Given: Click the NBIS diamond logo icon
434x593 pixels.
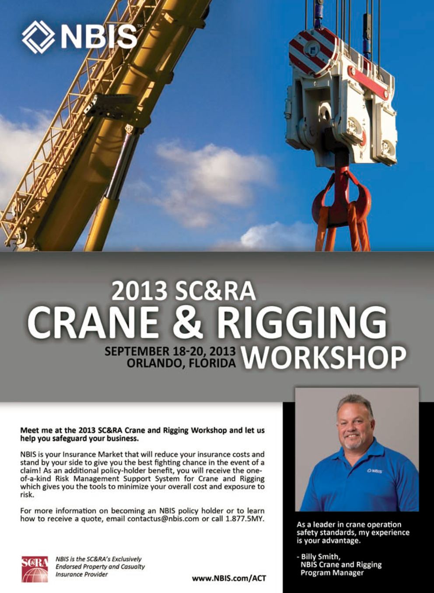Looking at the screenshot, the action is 38,37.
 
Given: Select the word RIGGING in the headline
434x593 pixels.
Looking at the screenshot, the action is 302,323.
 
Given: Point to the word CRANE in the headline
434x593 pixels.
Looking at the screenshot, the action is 92,323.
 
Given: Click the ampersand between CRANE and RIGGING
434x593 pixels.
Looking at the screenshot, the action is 187,323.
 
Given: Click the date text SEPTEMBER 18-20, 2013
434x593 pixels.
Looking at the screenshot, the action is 170,351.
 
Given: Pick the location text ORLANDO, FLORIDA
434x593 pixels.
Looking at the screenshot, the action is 181,363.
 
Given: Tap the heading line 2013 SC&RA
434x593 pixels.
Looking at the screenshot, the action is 184,291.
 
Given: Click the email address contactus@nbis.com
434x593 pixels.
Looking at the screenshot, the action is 163,519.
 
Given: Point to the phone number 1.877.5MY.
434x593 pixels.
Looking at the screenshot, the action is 245,519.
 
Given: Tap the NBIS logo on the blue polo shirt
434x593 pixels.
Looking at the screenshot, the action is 375,471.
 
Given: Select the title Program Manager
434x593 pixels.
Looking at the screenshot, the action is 332,573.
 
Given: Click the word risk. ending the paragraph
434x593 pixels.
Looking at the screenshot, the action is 27,495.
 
